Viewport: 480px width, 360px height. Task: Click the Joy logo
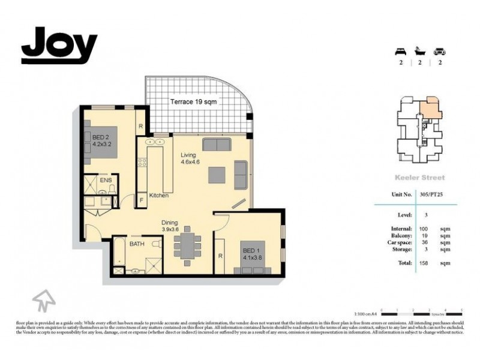[59, 46]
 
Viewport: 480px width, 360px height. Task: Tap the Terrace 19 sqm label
[193, 102]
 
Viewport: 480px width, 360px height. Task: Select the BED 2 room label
[101, 140]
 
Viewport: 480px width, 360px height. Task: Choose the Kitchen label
[158, 196]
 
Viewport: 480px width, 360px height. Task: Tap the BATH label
[137, 244]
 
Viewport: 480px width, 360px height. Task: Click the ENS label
[106, 179]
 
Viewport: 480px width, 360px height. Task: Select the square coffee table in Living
[217, 174]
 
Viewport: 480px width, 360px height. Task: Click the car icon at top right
[440, 51]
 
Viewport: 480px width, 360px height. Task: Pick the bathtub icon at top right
[419, 51]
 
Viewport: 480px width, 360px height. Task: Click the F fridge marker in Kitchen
[141, 199]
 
